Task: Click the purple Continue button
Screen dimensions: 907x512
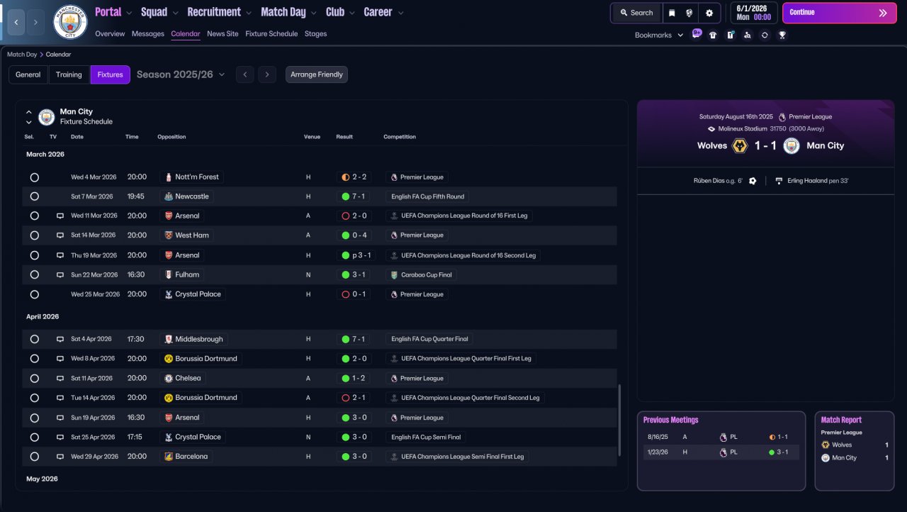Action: pos(839,13)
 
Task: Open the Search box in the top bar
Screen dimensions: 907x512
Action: pos(636,13)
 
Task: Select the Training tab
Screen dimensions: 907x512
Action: pos(69,74)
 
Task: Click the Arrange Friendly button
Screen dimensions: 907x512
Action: pos(316,74)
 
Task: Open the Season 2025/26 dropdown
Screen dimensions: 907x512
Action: pos(181,74)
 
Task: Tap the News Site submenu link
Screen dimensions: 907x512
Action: pos(222,33)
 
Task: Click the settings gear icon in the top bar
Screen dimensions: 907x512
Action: pos(709,13)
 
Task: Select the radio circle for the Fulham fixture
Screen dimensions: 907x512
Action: pos(35,274)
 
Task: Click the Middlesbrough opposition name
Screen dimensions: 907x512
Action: pos(199,339)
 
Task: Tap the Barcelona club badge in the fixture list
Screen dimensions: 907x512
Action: pos(169,457)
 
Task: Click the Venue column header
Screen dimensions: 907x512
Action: pos(312,136)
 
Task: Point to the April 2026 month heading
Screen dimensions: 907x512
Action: pos(43,316)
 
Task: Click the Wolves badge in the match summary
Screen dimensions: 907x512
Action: pos(740,145)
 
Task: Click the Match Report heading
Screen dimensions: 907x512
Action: pos(841,420)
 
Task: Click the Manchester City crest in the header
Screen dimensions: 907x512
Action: pos(70,22)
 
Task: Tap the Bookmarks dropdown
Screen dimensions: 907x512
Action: pos(659,35)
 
